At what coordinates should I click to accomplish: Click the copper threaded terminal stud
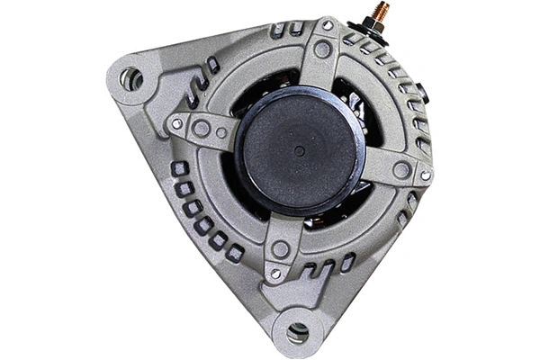click(x=381, y=13)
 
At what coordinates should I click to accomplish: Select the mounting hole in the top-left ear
click(x=131, y=78)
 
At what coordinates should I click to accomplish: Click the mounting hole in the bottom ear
click(x=297, y=332)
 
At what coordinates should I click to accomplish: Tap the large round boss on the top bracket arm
click(x=321, y=49)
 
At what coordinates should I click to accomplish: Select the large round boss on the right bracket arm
click(x=401, y=169)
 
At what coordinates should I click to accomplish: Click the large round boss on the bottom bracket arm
click(x=281, y=249)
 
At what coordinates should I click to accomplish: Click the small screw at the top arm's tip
click(x=327, y=26)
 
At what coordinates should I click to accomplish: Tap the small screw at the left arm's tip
click(x=177, y=122)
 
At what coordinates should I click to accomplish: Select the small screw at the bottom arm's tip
click(x=275, y=274)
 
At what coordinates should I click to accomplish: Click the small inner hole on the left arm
click(x=221, y=133)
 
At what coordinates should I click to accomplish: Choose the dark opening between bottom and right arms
click(x=342, y=211)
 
